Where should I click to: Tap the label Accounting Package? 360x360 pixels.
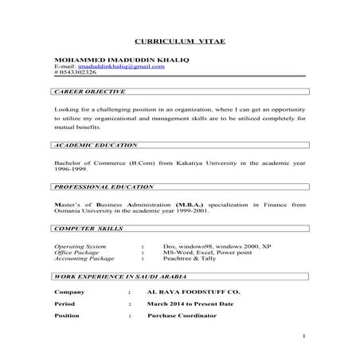[x=82, y=260]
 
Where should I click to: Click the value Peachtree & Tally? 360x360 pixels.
[x=187, y=260]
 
